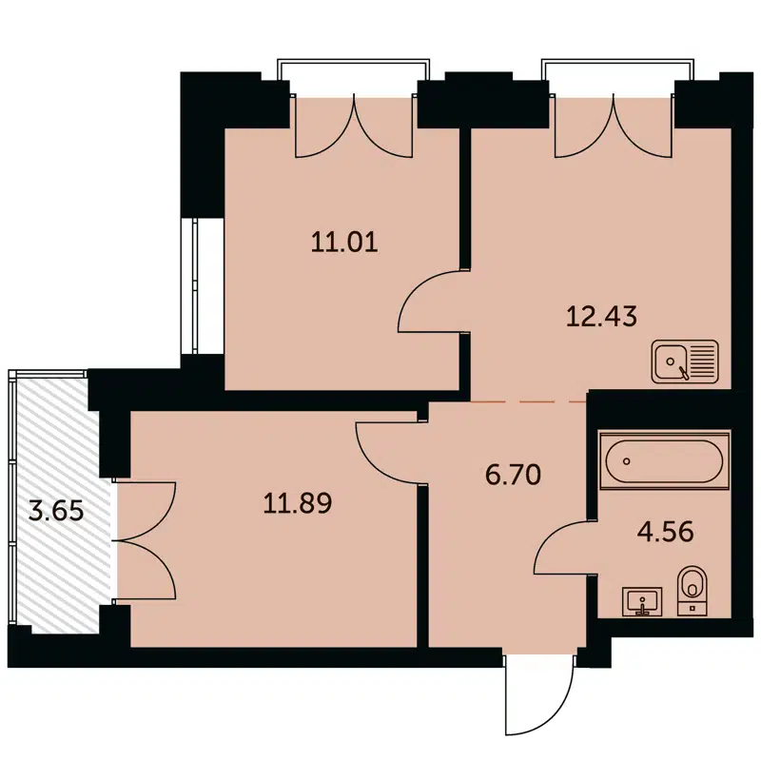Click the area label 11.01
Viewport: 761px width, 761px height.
click(x=344, y=242)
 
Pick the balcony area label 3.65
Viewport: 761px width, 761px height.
click(x=57, y=511)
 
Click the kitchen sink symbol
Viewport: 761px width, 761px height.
click(x=686, y=362)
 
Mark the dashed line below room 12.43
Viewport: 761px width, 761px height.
click(x=529, y=402)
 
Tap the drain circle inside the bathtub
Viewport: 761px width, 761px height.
click(x=627, y=461)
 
